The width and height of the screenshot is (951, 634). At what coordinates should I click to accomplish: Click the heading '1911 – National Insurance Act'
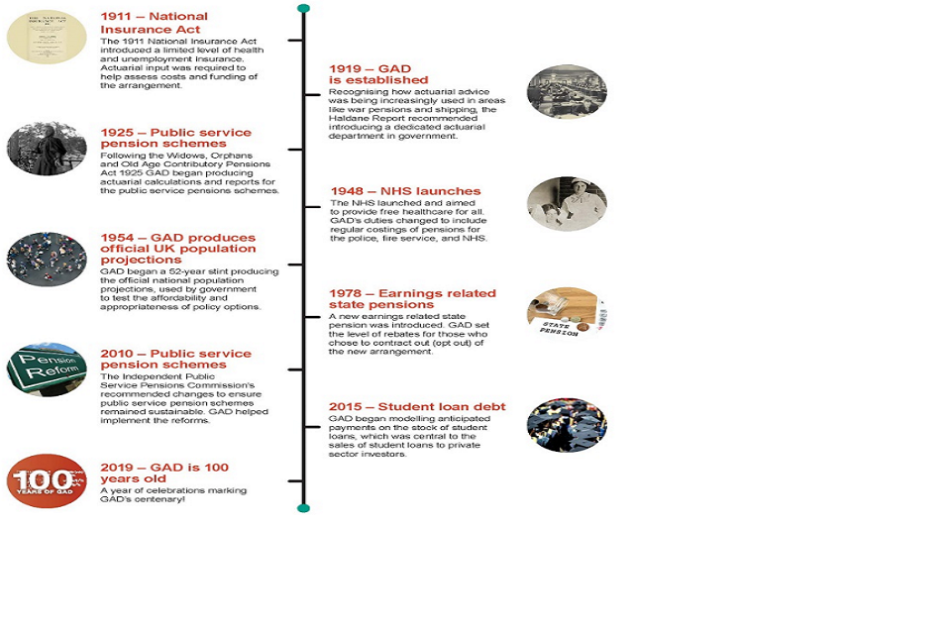pyautogui.click(x=154, y=23)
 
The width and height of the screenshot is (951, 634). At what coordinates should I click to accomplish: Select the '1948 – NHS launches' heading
pyautogui.click(x=405, y=191)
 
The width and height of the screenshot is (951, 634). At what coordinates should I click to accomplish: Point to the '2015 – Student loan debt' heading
pyautogui.click(x=417, y=407)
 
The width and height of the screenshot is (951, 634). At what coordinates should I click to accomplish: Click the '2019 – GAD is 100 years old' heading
pyautogui.click(x=164, y=474)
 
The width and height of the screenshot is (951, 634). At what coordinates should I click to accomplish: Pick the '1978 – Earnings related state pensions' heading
pyautogui.click(x=412, y=299)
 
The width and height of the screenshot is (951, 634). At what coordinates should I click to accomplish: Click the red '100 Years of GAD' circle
pyautogui.click(x=47, y=480)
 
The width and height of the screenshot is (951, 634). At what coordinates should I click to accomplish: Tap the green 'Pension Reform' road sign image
pyautogui.click(x=47, y=370)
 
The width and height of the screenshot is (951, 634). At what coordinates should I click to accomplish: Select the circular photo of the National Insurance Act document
pyautogui.click(x=47, y=38)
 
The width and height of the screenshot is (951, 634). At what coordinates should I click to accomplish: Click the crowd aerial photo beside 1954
pyautogui.click(x=47, y=260)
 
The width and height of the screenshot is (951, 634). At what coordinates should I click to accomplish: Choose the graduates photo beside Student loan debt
pyautogui.click(x=567, y=425)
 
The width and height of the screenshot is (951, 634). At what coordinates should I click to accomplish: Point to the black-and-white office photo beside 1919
pyautogui.click(x=567, y=92)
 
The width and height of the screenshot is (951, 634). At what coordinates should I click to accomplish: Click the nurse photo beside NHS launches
pyautogui.click(x=567, y=204)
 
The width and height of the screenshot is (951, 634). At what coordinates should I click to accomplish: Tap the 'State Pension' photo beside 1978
pyautogui.click(x=567, y=315)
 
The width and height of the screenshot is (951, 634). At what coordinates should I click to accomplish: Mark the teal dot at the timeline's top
pyautogui.click(x=303, y=8)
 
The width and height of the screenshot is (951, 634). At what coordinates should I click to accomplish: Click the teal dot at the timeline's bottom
pyautogui.click(x=303, y=508)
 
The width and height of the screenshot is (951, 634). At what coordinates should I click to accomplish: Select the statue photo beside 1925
pyautogui.click(x=47, y=149)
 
